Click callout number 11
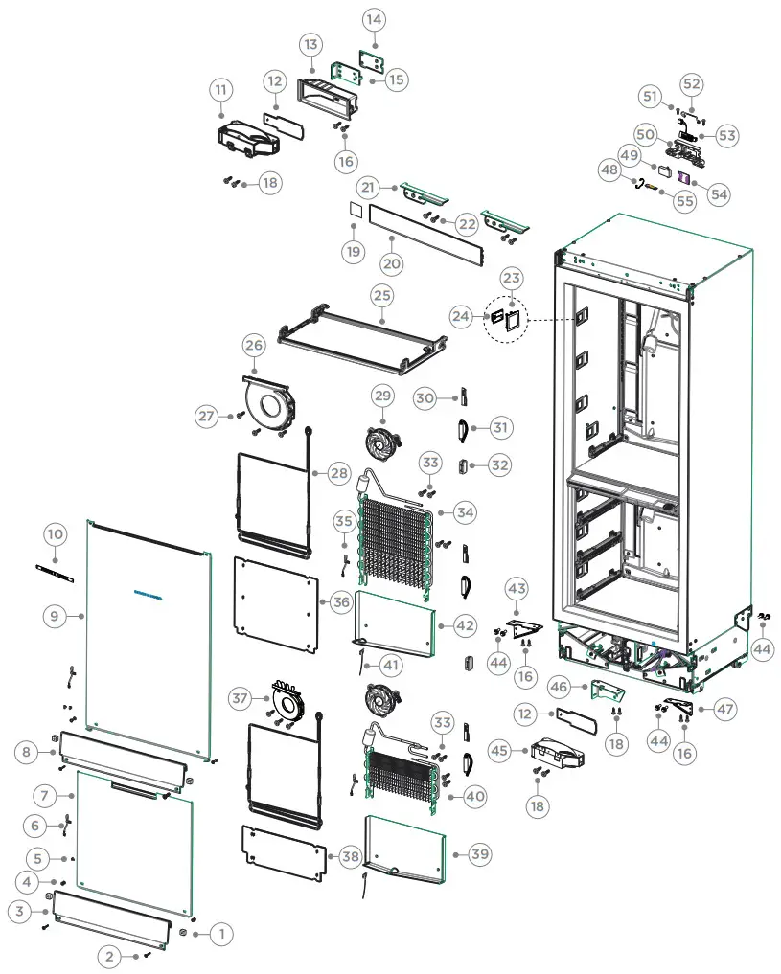221,91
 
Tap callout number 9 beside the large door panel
56,618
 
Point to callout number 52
692,84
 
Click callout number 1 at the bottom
220,933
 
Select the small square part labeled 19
354,208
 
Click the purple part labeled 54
684,177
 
